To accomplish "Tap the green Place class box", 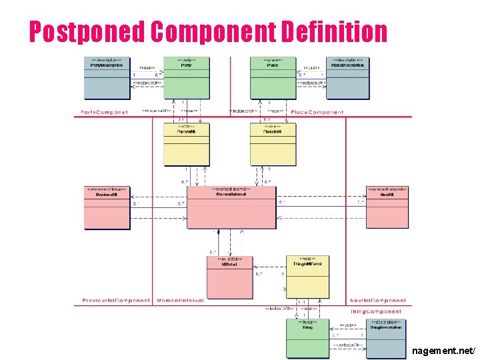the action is pos(273,77).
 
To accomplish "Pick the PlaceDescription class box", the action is pos(347,77).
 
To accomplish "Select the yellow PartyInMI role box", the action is pos(186,144).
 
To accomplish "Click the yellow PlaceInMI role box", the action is pos(273,144).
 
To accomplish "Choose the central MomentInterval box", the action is pos(231,207).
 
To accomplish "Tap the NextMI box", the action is pos(387,207).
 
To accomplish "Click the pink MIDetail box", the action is pos(229,277).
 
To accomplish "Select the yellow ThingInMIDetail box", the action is pos(307,276).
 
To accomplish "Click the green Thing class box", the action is pos(307,337).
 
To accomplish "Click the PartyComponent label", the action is pos(104,113).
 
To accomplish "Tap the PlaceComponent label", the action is pos(317,113).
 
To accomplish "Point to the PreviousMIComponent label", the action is pos(115,301).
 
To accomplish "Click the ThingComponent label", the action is pos(377,311).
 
